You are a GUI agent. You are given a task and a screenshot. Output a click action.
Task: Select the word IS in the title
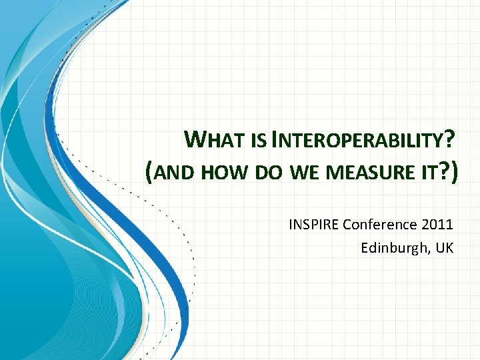pyautogui.click(x=260, y=142)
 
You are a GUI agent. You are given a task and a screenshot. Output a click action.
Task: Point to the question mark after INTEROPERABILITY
pyautogui.click(x=450, y=140)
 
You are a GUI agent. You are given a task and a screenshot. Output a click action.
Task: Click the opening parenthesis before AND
pyautogui.click(x=149, y=173)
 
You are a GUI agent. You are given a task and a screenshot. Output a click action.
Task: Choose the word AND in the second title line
pyautogui.click(x=174, y=173)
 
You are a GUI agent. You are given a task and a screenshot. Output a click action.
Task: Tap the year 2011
pyautogui.click(x=439, y=224)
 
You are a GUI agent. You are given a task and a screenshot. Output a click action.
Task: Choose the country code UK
pyautogui.click(x=445, y=248)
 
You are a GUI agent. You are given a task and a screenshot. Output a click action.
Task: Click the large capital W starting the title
pyautogui.click(x=198, y=140)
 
